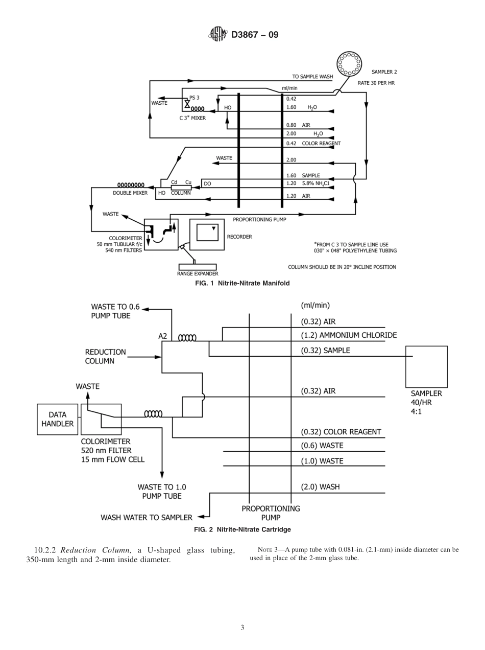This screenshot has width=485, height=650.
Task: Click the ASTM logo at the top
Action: point(217,35)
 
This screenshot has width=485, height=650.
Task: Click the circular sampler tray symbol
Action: point(349,64)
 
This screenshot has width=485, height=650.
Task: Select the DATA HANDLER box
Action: point(58,419)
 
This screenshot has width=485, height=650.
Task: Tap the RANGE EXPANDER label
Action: point(198,274)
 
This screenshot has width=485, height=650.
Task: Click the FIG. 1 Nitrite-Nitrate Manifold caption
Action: point(243,283)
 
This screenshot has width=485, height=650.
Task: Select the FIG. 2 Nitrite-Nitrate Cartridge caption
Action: point(243,529)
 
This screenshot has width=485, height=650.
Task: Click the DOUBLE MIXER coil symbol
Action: point(131,185)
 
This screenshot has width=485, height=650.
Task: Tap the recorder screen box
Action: point(207,233)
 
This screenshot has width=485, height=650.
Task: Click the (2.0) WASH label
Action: point(320,487)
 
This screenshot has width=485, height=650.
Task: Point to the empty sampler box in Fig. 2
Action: point(426,367)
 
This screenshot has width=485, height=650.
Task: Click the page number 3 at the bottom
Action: point(243,628)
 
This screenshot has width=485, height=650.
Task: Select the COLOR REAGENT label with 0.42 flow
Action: point(321,144)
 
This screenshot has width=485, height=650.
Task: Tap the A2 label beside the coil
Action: point(163,336)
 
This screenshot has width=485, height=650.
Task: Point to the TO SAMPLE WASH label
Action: point(312,77)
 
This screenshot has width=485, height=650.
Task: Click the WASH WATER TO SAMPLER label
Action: point(147,518)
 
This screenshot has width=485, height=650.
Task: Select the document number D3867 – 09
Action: point(255,35)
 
